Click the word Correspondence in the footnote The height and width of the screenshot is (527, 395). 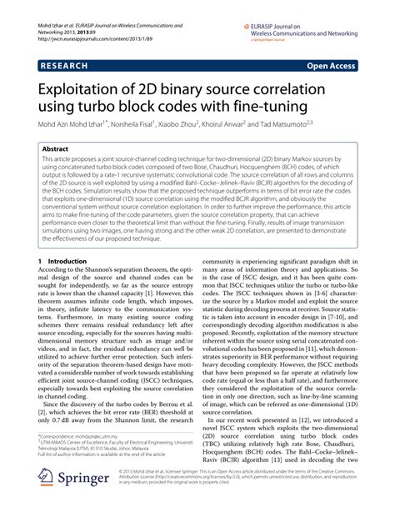(66, 458)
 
